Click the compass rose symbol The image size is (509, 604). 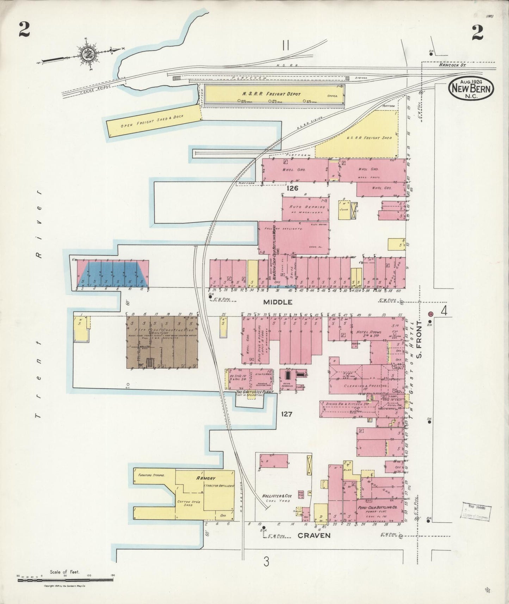click(87, 54)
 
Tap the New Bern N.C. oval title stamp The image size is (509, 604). click(471, 88)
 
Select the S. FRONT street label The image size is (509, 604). click(419, 339)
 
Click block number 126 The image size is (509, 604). click(292, 189)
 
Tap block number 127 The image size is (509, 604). click(287, 414)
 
